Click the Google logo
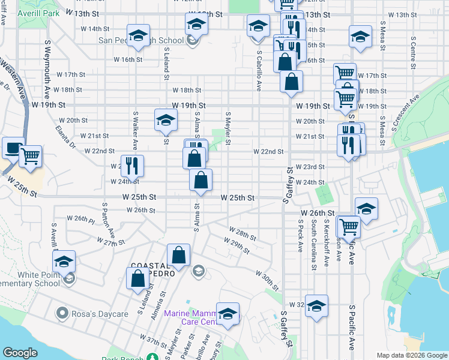click(20, 353)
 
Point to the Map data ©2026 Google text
click(411, 355)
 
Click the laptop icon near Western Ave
click(13, 147)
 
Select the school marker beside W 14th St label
click(138, 35)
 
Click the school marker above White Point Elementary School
click(64, 261)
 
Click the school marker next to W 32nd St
click(316, 306)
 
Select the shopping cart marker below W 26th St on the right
click(348, 226)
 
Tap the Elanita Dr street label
click(64, 135)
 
